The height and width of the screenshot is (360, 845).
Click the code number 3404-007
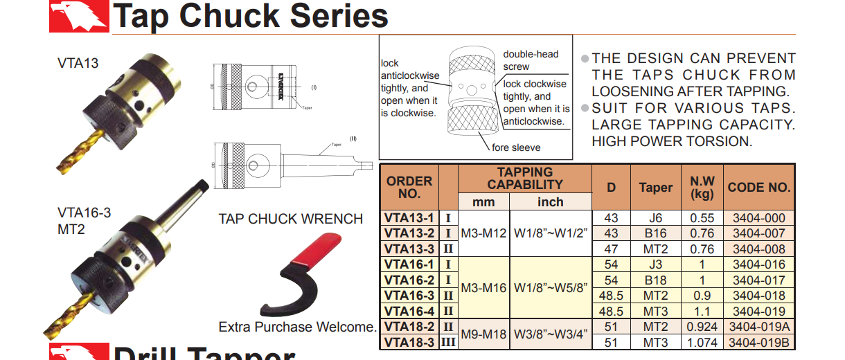point(759,233)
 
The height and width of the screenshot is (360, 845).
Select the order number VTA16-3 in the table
point(409,296)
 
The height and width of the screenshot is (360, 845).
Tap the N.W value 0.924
point(702,327)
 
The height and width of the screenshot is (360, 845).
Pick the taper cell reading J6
point(655,218)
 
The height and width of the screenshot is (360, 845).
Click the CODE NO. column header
point(759,187)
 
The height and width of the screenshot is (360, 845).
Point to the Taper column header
point(655,187)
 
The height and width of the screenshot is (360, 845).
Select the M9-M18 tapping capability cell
point(483,334)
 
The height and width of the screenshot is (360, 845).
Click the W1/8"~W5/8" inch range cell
point(551,287)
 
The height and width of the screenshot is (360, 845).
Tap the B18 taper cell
point(655,280)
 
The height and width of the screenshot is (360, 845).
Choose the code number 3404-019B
point(759,342)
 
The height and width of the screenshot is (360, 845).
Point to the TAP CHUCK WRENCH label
point(291,219)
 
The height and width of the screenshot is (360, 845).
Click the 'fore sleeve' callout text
point(516,147)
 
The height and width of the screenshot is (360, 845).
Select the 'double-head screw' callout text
point(531,60)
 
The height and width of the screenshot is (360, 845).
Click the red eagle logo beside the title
point(78,16)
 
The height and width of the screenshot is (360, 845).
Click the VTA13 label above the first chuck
point(78,64)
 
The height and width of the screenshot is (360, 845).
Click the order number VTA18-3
point(409,342)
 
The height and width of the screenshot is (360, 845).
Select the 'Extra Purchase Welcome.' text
point(298,327)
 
